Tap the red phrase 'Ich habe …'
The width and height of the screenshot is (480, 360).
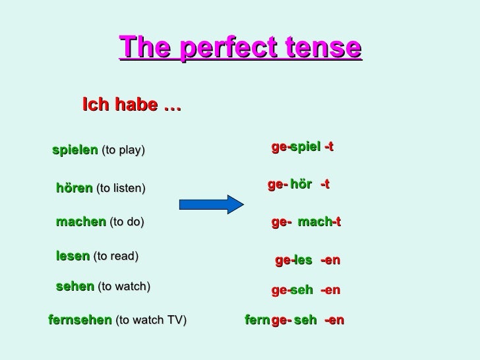tap(132, 104)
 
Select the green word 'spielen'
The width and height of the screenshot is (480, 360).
tap(75, 150)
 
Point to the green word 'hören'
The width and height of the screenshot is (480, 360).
tap(74, 188)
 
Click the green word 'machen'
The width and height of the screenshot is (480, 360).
tap(80, 222)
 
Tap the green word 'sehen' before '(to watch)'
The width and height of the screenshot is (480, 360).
tap(75, 286)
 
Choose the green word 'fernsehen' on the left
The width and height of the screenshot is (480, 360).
tap(80, 320)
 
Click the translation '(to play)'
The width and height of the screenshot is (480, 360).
tap(122, 151)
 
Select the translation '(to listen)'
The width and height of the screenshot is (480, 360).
tap(121, 189)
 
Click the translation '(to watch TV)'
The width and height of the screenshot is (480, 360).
tap(151, 321)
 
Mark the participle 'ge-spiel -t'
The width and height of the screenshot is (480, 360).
tap(303, 146)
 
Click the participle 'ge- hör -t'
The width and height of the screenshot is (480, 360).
tap(299, 185)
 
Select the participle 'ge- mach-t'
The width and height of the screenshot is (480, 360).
tap(306, 223)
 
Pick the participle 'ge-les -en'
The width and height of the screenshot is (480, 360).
tap(307, 260)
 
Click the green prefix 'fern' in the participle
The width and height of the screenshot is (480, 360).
tap(257, 320)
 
